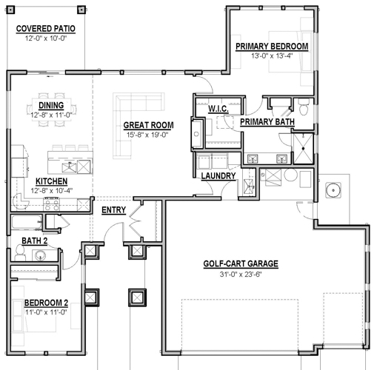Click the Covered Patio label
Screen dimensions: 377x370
pyautogui.click(x=46, y=29)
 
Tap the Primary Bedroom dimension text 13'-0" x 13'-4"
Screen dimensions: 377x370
pyautogui.click(x=272, y=55)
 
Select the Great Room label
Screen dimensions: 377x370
pyautogui.click(x=148, y=125)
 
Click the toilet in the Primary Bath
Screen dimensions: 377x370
pyautogui.click(x=304, y=107)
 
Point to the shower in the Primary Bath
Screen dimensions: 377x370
pyautogui.click(x=303, y=149)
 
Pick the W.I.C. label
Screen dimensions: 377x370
pyautogui.click(x=218, y=109)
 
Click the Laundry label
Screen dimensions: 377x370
pyautogui.click(x=218, y=176)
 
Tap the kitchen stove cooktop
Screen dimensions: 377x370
pyautogui.click(x=51, y=203)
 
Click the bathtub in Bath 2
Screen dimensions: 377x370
pyautogui.click(x=27, y=223)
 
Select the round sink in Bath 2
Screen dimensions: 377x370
pyautogui.click(x=40, y=255)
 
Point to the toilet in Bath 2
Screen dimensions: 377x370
pyautogui.click(x=20, y=253)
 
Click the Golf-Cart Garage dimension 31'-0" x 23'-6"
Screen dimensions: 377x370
pyautogui.click(x=241, y=275)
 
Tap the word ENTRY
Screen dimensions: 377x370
pyautogui.click(x=114, y=210)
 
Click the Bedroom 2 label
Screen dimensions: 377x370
pyautogui.click(x=46, y=303)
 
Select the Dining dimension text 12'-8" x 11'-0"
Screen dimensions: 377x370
pyautogui.click(x=51, y=115)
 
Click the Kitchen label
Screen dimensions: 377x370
pyautogui.click(x=51, y=181)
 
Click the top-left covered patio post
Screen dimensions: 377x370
pyautogui.click(x=10, y=10)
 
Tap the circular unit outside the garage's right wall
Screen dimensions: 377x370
pyautogui.click(x=333, y=190)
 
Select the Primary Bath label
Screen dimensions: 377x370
pyautogui.click(x=267, y=122)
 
